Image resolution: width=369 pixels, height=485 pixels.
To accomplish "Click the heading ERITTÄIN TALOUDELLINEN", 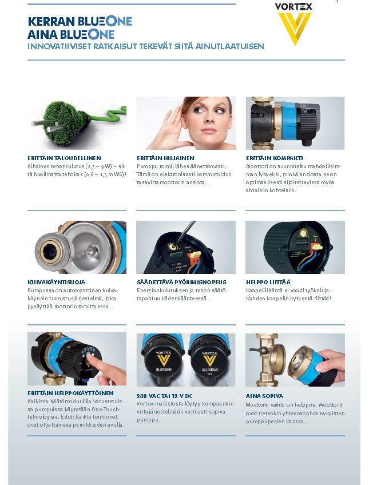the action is (64, 158).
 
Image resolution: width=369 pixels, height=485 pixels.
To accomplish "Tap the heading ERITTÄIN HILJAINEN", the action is (165, 158).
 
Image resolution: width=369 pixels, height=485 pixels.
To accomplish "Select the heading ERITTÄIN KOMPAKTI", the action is (275, 158).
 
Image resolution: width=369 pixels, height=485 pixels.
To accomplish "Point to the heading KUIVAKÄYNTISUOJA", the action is (56, 282).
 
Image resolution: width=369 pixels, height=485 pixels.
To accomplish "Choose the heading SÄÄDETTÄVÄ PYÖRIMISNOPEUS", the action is (181, 282).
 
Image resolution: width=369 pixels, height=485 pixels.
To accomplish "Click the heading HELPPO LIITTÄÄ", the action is (268, 282).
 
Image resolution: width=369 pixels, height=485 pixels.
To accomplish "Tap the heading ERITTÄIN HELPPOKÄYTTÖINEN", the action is (70, 393).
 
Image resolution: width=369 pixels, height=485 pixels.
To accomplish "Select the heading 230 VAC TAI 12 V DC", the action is (165, 396).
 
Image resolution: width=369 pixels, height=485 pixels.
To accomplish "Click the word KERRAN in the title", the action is (51, 21).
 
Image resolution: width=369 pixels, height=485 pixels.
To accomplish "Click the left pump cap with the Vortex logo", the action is (162, 359).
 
